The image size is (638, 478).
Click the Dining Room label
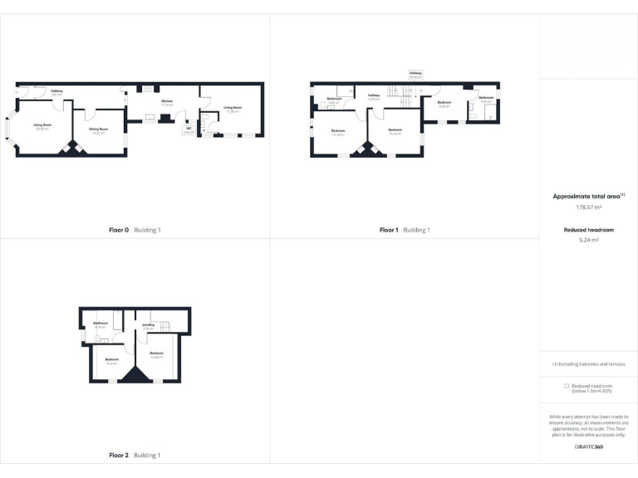99,130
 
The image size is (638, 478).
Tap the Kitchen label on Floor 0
167,103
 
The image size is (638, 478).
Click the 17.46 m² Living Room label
232,110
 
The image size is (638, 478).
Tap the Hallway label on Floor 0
57,92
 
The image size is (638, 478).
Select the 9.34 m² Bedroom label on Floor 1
444,104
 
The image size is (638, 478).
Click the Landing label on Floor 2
148,326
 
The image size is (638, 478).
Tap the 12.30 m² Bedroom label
156,355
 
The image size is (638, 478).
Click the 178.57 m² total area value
588,207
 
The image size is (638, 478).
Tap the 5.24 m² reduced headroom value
588,240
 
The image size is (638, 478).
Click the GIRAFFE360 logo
588,447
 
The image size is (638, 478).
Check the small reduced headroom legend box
567,386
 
